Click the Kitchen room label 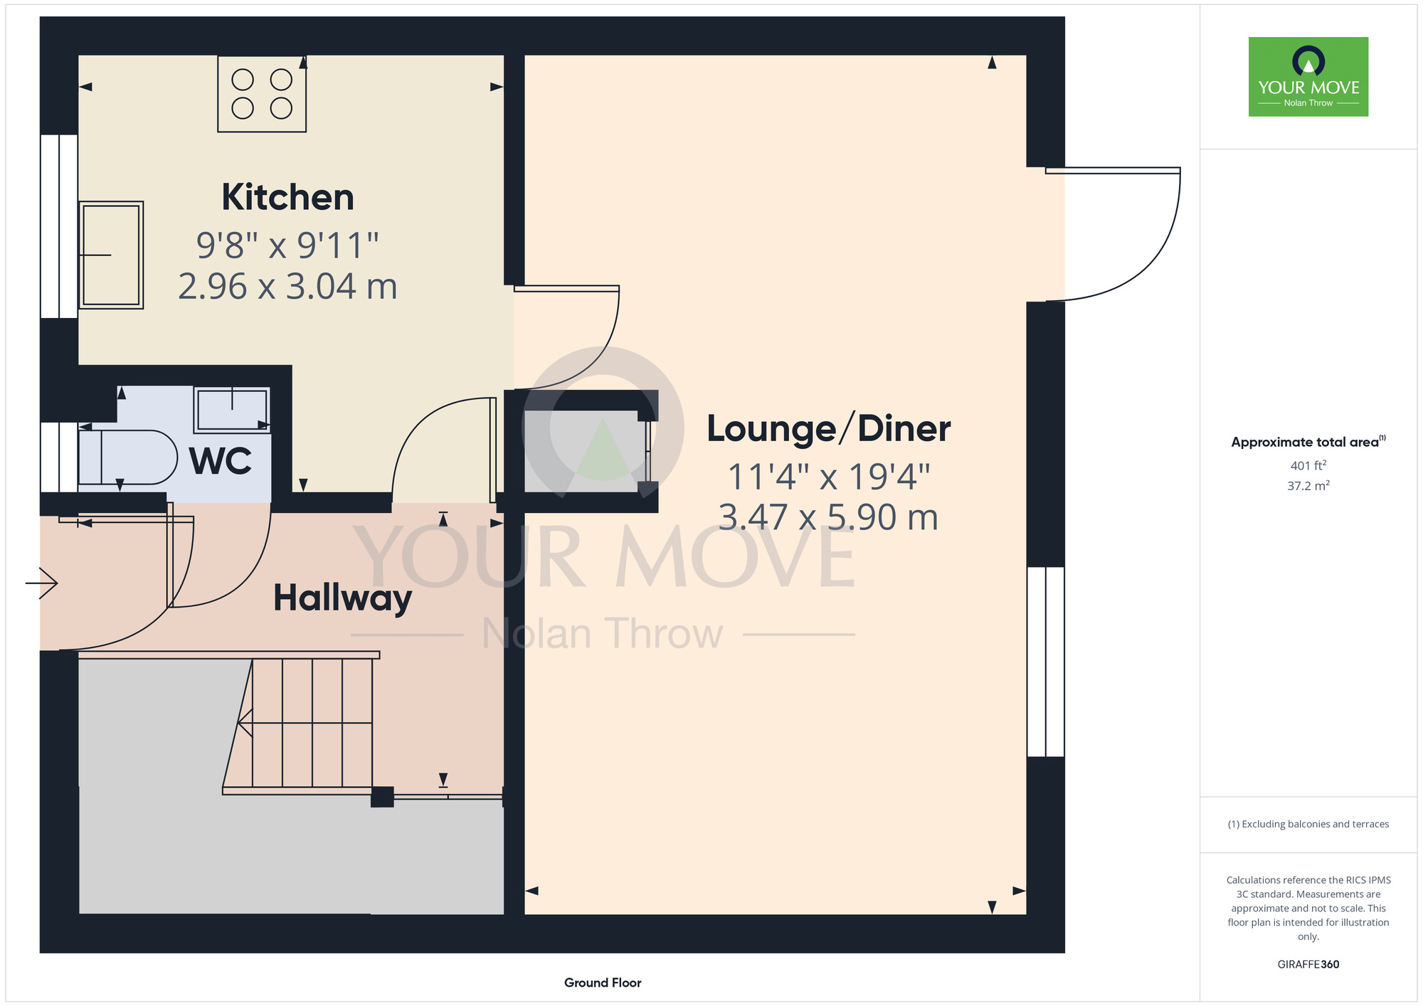288,197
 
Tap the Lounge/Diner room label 829,429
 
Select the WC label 221,461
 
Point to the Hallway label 342,598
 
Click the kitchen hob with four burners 262,94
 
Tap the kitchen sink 111,255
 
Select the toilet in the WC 127,457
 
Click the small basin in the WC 232,409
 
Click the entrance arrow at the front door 41,583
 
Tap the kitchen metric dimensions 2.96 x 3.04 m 287,287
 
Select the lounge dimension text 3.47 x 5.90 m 828,517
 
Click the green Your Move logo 1308,77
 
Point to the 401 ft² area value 1308,466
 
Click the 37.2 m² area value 1308,486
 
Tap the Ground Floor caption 603,983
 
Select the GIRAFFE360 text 1308,965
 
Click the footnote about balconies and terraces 1308,824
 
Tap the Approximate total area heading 1308,442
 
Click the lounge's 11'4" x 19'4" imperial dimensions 829,477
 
